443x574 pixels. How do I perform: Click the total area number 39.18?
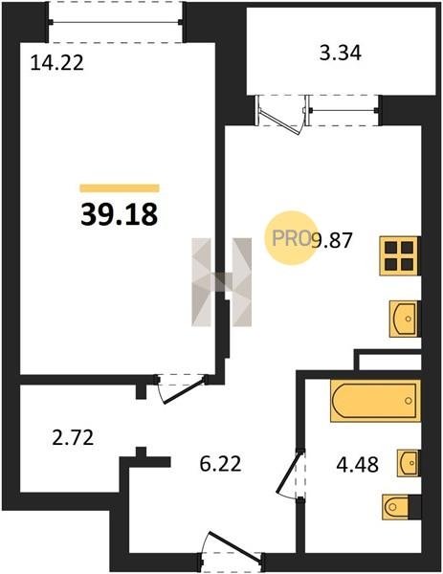pyautogui.click(x=120, y=214)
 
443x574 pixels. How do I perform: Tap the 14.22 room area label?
pyautogui.click(x=57, y=62)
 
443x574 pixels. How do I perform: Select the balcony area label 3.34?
pyautogui.click(x=340, y=53)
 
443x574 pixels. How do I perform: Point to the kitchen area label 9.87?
pyautogui.click(x=332, y=240)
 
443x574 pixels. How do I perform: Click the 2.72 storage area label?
pyautogui.click(x=74, y=437)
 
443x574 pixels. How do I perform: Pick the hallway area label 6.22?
pyautogui.click(x=221, y=464)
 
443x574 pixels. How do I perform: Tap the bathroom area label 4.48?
pyautogui.click(x=357, y=465)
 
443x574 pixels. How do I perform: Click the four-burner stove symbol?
pyautogui.click(x=399, y=255)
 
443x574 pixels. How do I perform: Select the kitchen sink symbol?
pyautogui.click(x=404, y=319)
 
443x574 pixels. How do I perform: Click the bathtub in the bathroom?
pyautogui.click(x=375, y=401)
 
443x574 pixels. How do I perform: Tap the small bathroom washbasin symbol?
pyautogui.click(x=408, y=463)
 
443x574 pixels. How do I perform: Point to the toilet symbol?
pyautogui.click(x=397, y=507)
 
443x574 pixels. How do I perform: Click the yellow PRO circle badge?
pyautogui.click(x=291, y=238)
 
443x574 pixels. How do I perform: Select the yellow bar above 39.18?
pyautogui.click(x=120, y=188)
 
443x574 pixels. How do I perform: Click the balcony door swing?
pyautogui.click(x=282, y=116)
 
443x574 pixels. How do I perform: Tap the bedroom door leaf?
pyautogui.click(x=184, y=391)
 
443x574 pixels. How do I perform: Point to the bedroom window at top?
pyautogui.click(x=116, y=22)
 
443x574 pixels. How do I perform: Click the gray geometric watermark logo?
pyautogui.click(x=222, y=282)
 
